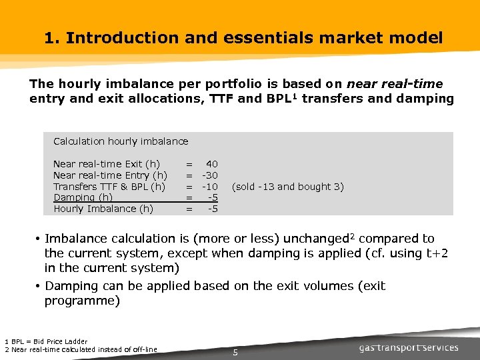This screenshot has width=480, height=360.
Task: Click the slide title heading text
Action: point(243,38)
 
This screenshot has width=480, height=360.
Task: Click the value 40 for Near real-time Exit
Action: point(211,164)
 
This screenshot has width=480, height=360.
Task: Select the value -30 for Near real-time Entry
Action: point(210,175)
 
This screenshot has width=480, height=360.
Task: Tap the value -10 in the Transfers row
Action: point(210,187)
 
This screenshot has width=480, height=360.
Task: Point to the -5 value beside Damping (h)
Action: point(213,197)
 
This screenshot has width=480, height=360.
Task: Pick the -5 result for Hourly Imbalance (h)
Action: point(213,209)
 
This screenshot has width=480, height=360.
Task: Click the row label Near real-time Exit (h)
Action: point(106,164)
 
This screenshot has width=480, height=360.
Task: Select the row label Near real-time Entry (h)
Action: point(110,175)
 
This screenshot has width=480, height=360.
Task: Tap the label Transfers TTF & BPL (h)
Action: point(109,187)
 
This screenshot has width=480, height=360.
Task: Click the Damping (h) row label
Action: point(83,197)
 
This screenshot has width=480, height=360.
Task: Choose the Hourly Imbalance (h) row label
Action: point(103,209)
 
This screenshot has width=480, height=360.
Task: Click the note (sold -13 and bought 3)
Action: point(287,187)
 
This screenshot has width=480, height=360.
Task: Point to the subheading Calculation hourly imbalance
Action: point(121,141)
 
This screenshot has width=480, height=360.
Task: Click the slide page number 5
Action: point(235,352)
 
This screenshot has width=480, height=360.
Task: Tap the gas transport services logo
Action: point(409,347)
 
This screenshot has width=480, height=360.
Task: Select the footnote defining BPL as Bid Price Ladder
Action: point(46,342)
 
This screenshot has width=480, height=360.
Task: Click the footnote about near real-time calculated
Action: point(81,349)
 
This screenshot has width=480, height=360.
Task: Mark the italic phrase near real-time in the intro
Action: point(395,85)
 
